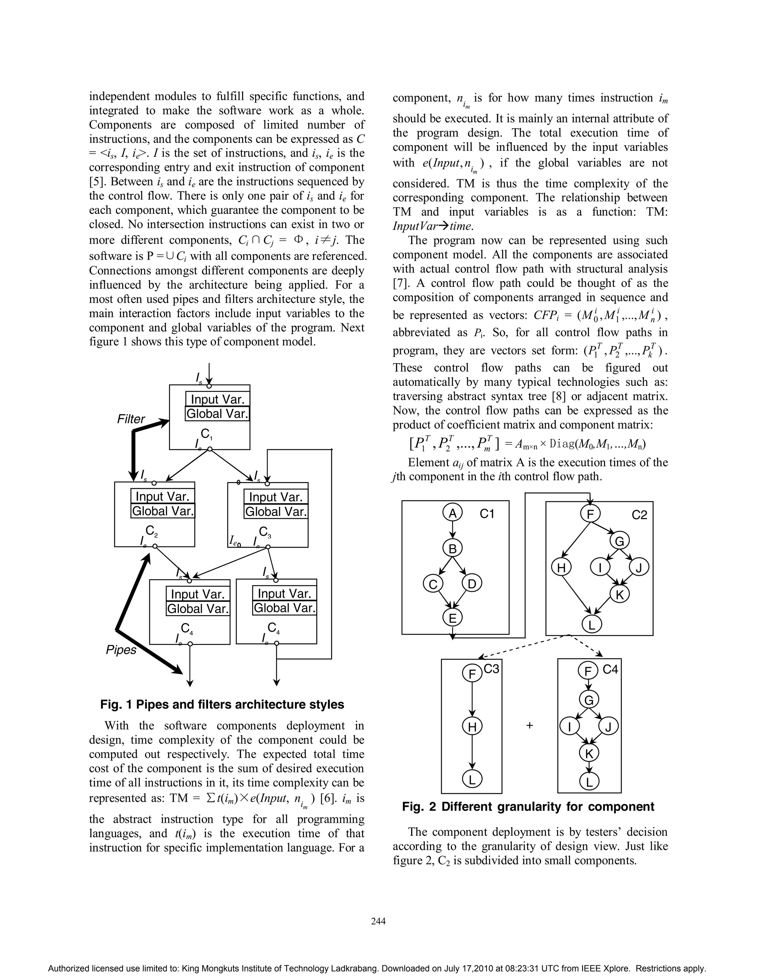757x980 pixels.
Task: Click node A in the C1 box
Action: [452, 513]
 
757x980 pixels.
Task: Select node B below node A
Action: [452, 548]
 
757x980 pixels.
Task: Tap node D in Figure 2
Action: [472, 584]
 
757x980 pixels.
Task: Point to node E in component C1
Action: [452, 618]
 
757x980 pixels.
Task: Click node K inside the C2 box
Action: [619, 595]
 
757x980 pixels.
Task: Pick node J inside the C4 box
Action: [608, 726]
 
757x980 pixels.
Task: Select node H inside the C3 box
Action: [472, 726]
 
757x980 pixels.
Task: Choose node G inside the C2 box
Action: [619, 542]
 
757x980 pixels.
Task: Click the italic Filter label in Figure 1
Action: [131, 419]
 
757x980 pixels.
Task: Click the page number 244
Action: [378, 921]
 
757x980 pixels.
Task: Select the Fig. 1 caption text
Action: [222, 704]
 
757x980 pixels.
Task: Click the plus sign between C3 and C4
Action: [530, 725]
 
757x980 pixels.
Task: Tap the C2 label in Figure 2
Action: [639, 515]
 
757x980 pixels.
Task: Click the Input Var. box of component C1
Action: [217, 399]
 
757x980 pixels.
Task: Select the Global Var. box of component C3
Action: [276, 511]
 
